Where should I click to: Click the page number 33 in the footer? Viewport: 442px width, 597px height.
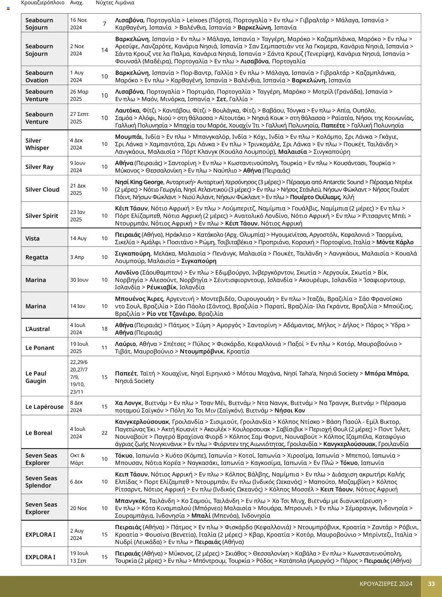[x=431, y=584]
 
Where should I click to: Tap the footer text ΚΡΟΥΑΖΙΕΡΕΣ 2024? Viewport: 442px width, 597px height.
[x=386, y=584]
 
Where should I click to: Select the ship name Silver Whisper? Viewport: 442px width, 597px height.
[x=37, y=144]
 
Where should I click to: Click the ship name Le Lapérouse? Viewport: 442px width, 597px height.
[x=44, y=406]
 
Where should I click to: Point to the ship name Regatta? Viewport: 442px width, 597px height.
[x=37, y=257]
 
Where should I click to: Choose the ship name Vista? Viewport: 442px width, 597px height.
[x=32, y=238]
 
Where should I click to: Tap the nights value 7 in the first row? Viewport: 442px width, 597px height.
[x=104, y=24]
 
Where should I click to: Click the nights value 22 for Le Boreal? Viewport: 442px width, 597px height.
[x=104, y=433]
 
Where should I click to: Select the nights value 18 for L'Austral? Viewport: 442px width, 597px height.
[x=104, y=329]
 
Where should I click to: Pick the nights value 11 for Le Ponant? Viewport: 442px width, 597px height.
[x=104, y=348]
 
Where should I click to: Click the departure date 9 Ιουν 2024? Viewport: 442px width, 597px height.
[x=78, y=166]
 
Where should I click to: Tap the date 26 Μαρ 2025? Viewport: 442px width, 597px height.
[x=79, y=95]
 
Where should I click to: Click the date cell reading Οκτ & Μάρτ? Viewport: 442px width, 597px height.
[x=77, y=459]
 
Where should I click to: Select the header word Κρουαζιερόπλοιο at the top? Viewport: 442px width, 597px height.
[x=42, y=3]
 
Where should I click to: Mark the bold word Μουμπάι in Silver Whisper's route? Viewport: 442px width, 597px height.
[x=128, y=136]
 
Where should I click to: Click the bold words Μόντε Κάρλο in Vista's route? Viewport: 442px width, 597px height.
[x=395, y=242]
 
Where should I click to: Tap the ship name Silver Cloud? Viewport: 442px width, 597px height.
[x=42, y=189]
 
